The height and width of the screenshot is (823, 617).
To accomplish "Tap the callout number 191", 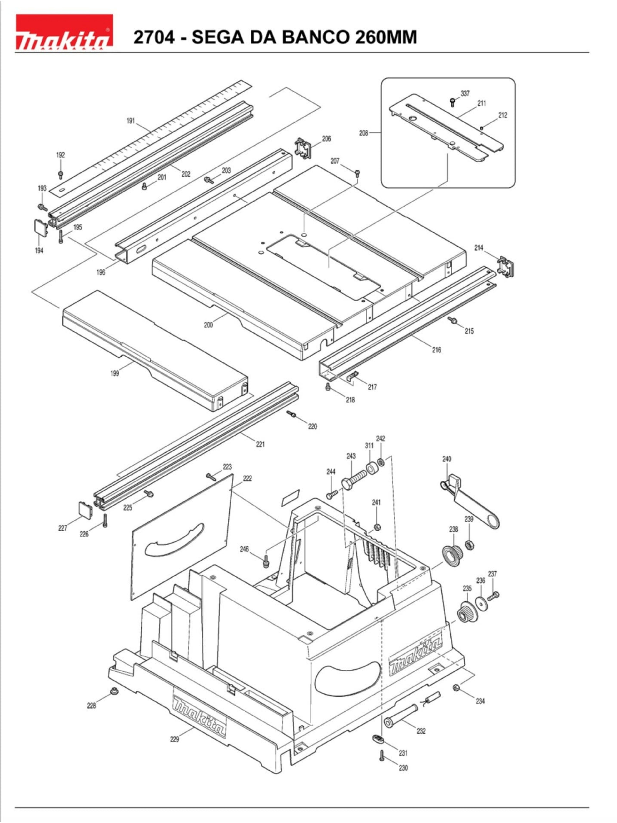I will [131, 121].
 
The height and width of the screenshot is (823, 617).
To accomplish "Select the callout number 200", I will [208, 325].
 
